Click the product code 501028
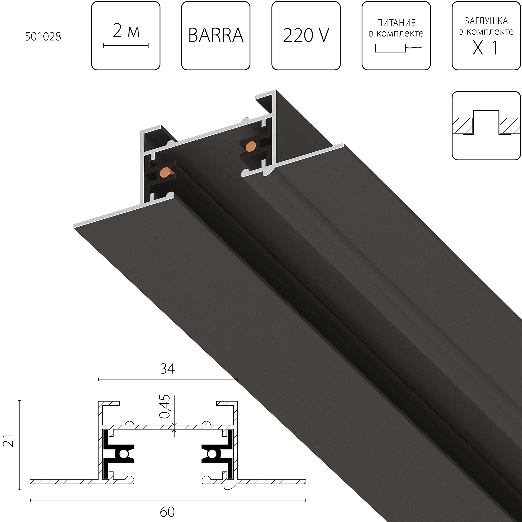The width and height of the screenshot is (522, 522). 43,37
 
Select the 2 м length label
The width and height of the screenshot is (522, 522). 126,30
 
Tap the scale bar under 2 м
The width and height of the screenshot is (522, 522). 126,46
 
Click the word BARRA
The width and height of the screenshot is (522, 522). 216,35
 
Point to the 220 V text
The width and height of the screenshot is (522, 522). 306,35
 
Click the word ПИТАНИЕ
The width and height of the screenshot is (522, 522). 396,23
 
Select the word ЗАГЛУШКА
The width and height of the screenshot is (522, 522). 486,21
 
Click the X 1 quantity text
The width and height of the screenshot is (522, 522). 485,48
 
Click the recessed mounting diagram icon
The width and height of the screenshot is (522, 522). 486,126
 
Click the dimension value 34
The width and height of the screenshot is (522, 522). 167,369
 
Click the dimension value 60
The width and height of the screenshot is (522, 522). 167,512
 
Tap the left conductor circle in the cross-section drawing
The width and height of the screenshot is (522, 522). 124,455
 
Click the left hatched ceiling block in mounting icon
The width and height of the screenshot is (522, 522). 462,126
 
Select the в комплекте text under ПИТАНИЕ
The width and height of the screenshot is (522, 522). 396,33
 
